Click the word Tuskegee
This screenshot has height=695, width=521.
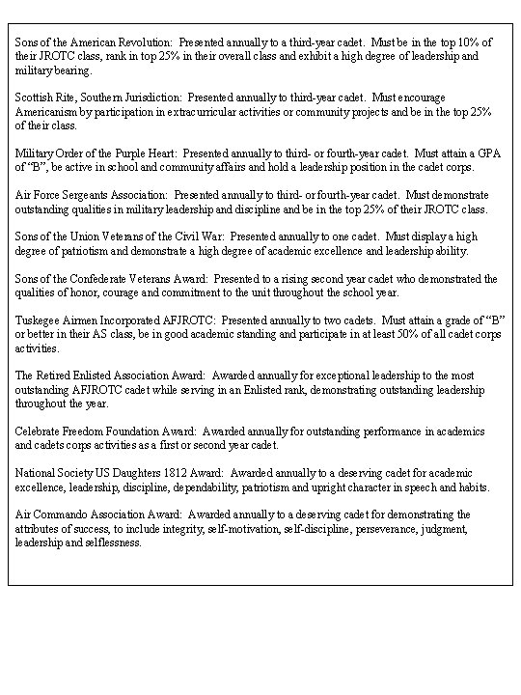point(39,320)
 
